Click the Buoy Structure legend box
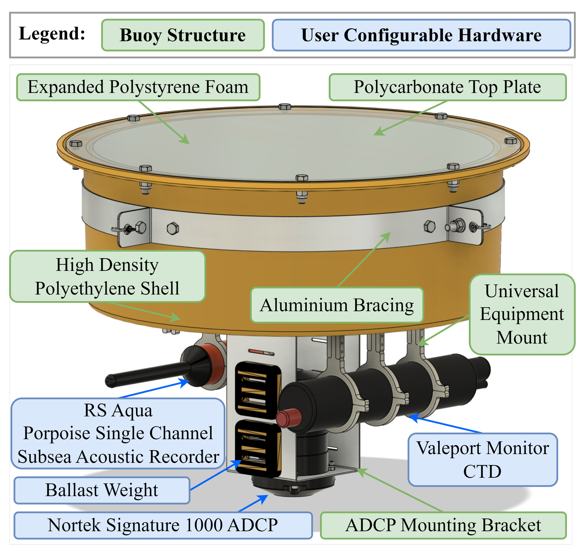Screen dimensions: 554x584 click(183, 35)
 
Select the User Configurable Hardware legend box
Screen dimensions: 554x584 click(421, 35)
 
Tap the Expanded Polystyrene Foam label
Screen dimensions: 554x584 click(138, 87)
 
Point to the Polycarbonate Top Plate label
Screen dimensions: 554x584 click(447, 87)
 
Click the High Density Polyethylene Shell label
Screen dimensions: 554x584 click(107, 276)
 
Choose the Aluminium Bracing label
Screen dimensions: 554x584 click(337, 305)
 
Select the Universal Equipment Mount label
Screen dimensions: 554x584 click(522, 314)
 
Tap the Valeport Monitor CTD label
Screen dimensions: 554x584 click(483, 460)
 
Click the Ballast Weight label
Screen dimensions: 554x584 click(102, 490)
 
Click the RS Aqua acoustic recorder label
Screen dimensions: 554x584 click(118, 433)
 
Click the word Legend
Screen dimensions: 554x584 click(52, 34)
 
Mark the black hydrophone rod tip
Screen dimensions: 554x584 click(110, 381)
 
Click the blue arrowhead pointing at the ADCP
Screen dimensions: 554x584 click(264, 497)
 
